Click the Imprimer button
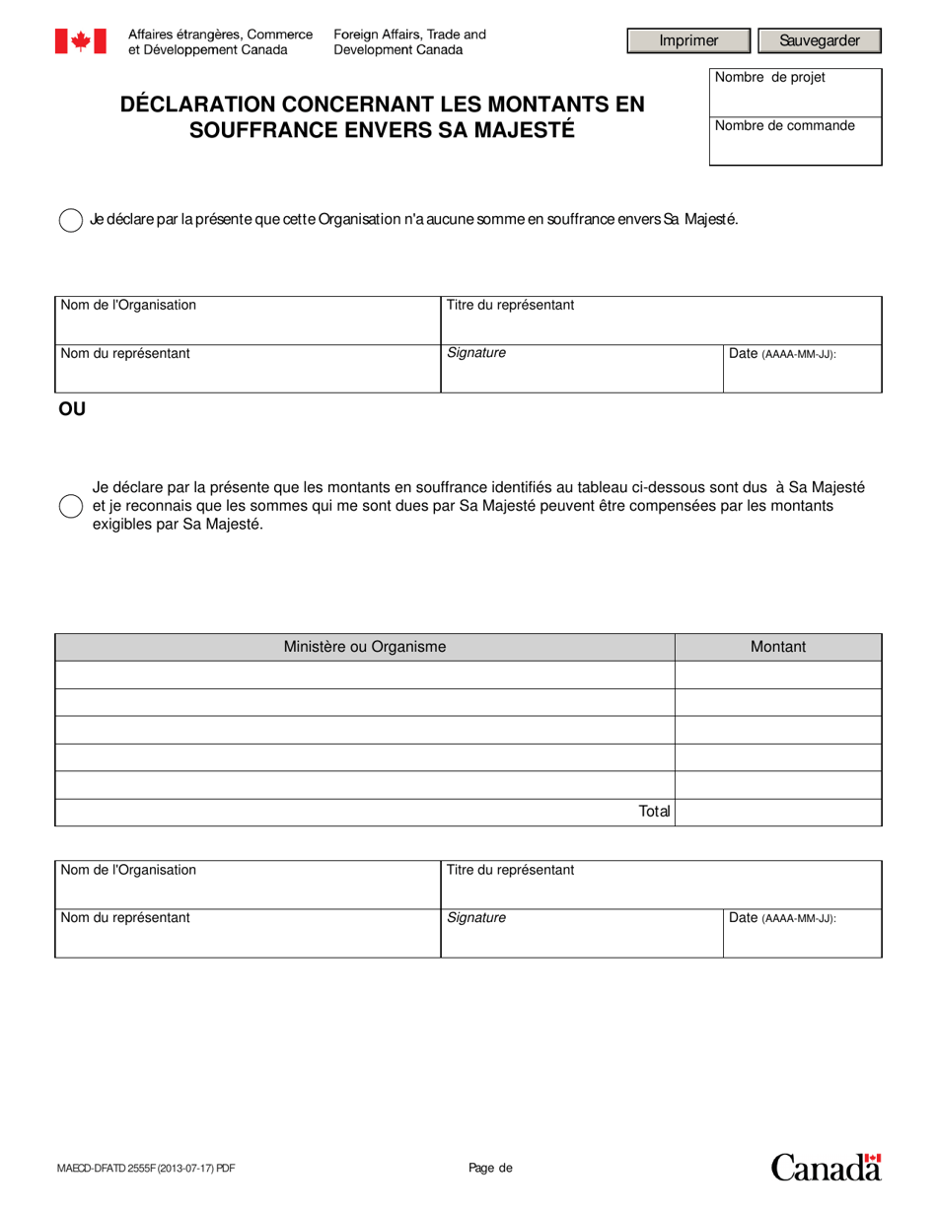pos(689,40)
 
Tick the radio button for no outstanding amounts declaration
pos(71,220)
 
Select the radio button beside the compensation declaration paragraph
pos(71,506)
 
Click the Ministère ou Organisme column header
pos(365,647)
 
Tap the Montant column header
pos(778,647)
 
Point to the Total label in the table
pos(654,812)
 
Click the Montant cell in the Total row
pos(778,812)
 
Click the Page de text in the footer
pos(491,1169)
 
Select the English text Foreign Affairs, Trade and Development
pos(409,41)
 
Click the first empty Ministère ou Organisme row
pos(365,675)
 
